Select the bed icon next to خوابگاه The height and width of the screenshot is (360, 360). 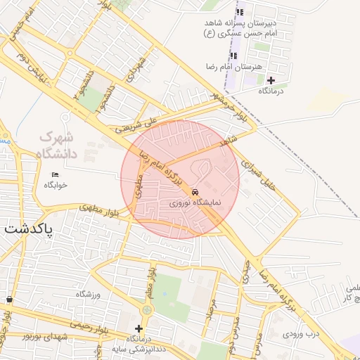coord(56,174)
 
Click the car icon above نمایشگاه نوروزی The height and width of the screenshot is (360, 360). coord(195,192)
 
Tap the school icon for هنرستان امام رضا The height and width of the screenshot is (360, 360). coord(236,56)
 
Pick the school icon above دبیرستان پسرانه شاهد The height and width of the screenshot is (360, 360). coord(240,12)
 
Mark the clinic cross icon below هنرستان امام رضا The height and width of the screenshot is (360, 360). coord(271,80)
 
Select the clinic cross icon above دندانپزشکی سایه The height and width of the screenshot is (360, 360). coord(139,328)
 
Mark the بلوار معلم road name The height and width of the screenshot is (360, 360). coord(150,282)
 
